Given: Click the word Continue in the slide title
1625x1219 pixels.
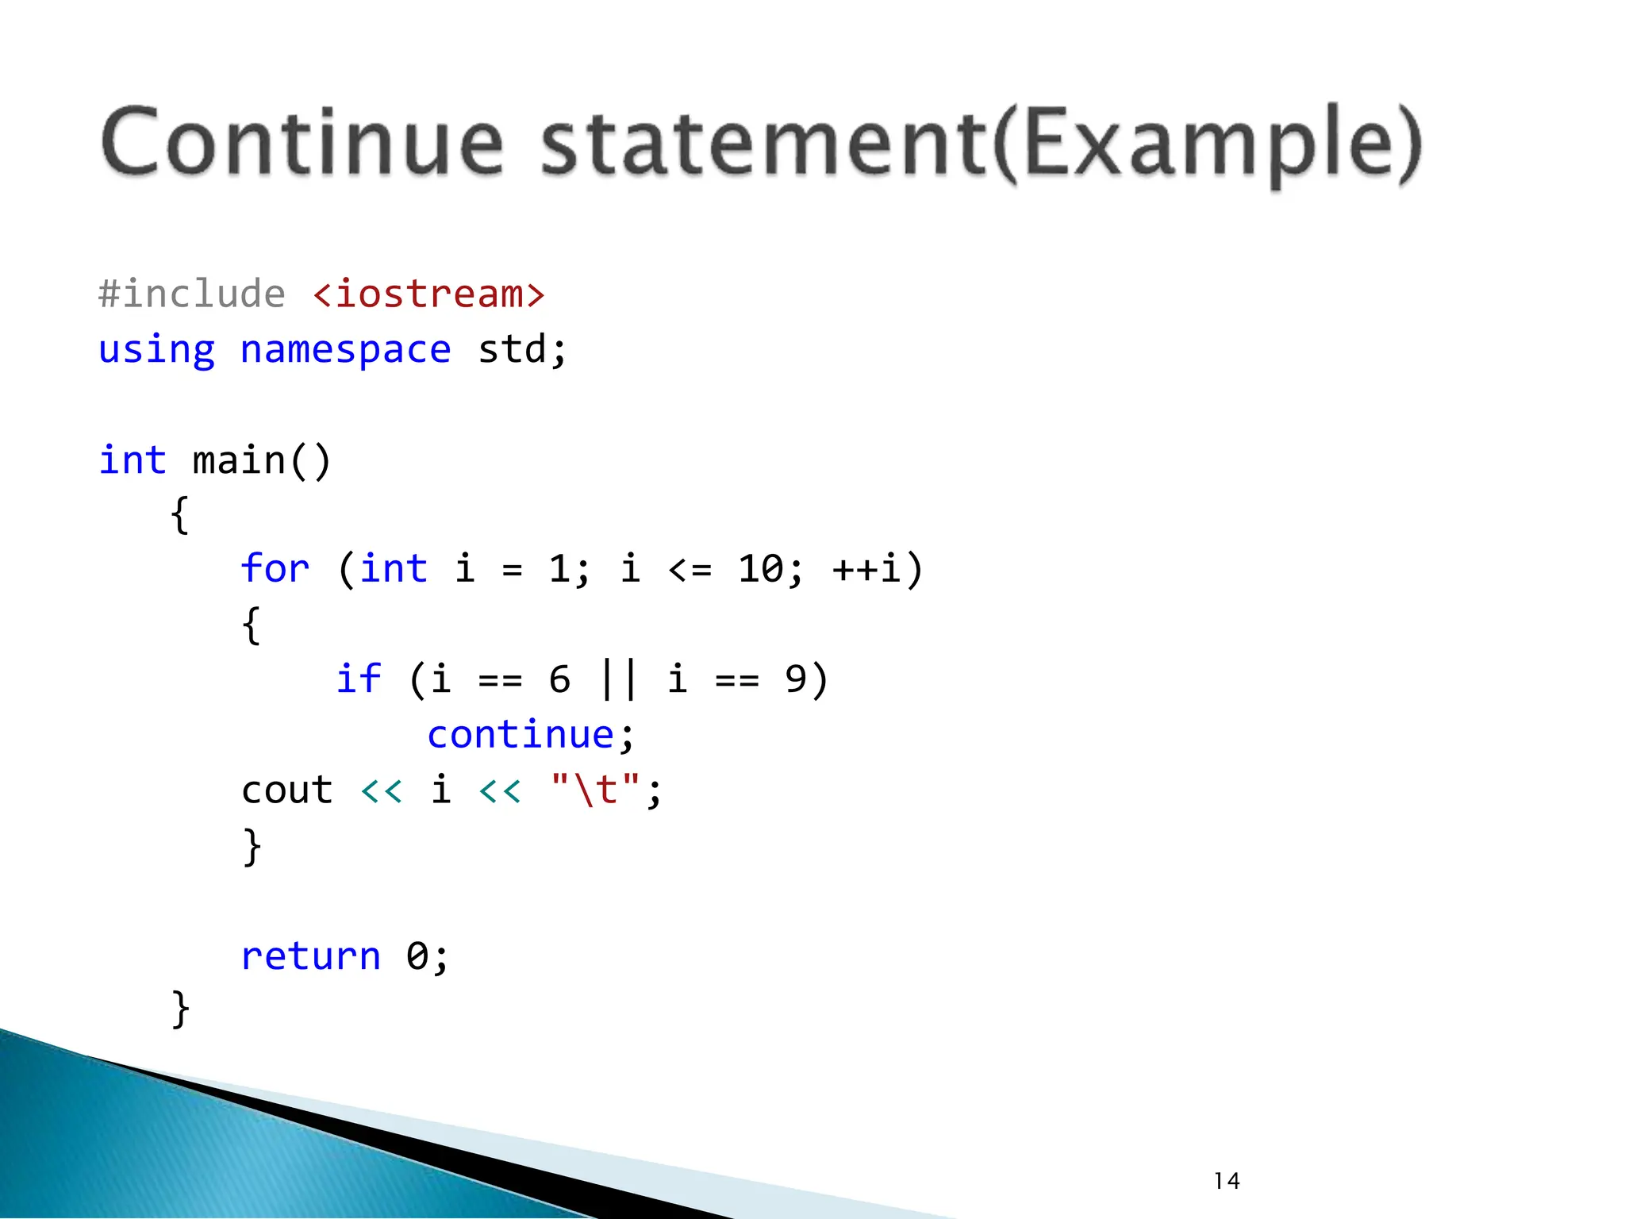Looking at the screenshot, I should pyautogui.click(x=302, y=144).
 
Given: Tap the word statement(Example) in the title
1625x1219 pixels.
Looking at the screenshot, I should pyautogui.click(x=981, y=144).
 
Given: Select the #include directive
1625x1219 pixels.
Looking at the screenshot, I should pyautogui.click(x=191, y=294).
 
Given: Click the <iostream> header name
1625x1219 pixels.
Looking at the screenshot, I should pyautogui.click(x=428, y=294).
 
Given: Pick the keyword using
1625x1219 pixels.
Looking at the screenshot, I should pyautogui.click(x=156, y=350).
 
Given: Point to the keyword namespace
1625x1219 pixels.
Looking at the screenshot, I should pyautogui.click(x=345, y=350).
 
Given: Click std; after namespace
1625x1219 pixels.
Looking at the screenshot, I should pyautogui.click(x=522, y=350).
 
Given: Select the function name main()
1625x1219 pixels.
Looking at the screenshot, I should pyautogui.click(x=261, y=461).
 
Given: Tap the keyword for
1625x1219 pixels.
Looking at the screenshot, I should pyautogui.click(x=275, y=569).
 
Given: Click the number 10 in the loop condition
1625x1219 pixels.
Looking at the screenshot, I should pyautogui.click(x=760, y=569).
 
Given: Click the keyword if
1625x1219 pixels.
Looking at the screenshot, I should pyautogui.click(x=359, y=679).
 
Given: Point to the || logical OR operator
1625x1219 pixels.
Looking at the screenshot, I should pyautogui.click(x=619, y=679).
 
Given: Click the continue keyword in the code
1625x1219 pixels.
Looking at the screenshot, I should pyautogui.click(x=521, y=735).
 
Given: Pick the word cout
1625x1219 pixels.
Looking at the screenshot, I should pyautogui.click(x=286, y=790).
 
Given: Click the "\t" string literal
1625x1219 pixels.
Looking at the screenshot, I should pyautogui.click(x=595, y=790).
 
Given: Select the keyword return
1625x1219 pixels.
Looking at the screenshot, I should pyautogui.click(x=310, y=956).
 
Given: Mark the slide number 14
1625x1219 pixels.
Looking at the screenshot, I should pyautogui.click(x=1227, y=1181).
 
